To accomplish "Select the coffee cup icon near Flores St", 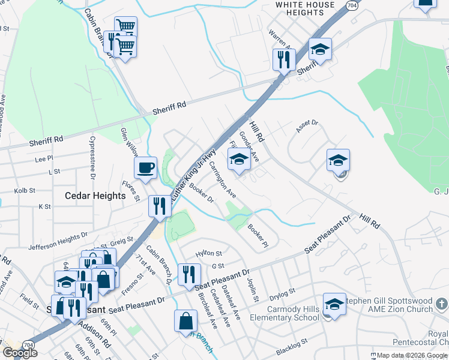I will click(145, 169).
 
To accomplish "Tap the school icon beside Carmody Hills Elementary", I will click(334, 304).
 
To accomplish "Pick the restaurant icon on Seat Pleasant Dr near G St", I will click(189, 274).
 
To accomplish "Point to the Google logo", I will click(20, 352).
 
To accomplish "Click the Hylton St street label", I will click(209, 253).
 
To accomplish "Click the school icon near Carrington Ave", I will click(238, 160).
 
